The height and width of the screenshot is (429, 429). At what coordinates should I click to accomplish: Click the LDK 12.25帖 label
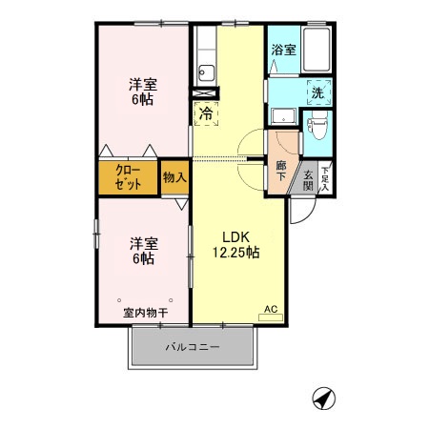point(235,245)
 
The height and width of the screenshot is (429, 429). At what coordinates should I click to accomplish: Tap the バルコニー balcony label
point(193,346)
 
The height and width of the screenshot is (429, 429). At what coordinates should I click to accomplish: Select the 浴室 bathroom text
point(283,50)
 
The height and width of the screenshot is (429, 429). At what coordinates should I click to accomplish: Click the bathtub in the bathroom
point(317,50)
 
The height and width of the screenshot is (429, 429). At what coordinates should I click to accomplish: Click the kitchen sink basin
point(207,73)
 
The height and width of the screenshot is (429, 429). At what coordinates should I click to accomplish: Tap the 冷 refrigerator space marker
point(206,113)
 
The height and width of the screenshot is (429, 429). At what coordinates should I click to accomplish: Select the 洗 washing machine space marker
point(318,92)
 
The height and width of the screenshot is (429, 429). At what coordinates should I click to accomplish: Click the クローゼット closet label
point(128,177)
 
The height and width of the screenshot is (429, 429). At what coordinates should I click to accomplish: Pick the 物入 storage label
point(174,177)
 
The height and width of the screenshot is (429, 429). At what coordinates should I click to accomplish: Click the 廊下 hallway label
point(280,171)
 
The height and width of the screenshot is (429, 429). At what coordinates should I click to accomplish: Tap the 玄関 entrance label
point(308,180)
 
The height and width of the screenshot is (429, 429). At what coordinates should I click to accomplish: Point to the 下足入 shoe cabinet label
point(324,179)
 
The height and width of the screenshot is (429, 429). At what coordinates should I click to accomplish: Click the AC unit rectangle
point(271,317)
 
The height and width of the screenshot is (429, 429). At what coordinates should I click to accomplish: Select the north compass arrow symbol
point(324,398)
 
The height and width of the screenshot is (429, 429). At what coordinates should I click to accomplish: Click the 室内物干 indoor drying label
point(145,313)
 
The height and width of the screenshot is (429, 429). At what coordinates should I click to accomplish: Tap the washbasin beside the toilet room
point(283,116)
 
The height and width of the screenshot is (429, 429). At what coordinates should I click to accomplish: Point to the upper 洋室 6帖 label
point(143,92)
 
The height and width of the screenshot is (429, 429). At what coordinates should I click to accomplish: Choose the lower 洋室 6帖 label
point(144,251)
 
